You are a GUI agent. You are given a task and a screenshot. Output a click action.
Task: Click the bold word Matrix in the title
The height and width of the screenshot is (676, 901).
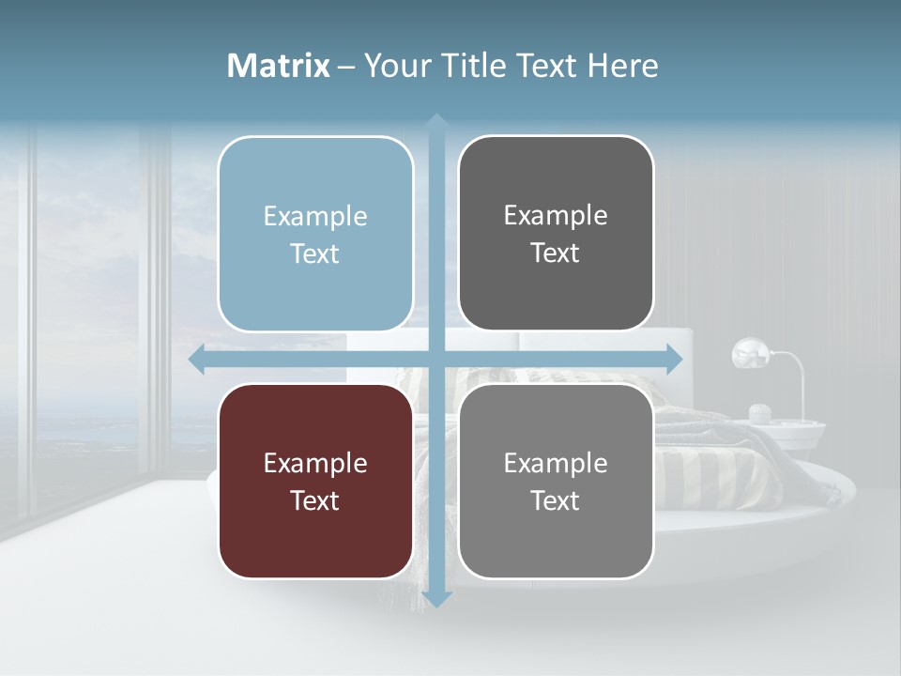pyautogui.click(x=279, y=66)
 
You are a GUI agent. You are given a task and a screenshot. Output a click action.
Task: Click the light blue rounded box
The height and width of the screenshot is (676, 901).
pyautogui.click(x=315, y=234)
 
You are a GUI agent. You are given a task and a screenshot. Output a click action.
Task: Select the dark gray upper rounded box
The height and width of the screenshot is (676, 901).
pyautogui.click(x=556, y=233)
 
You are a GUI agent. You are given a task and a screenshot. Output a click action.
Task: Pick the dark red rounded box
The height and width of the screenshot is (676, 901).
pyautogui.click(x=315, y=481)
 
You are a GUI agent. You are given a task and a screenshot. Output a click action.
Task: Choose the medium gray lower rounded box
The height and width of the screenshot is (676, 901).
pyautogui.click(x=556, y=481)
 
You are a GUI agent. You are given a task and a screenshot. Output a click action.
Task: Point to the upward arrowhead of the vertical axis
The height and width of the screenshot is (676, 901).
pyautogui.click(x=436, y=123)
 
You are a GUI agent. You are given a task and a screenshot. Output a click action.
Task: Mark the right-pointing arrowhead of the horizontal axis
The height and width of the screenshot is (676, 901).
pyautogui.click(x=674, y=358)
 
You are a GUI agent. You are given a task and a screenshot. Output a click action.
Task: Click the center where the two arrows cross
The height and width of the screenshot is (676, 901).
pyautogui.click(x=436, y=358)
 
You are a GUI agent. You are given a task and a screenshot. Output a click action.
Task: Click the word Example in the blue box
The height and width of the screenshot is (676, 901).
pyautogui.click(x=315, y=216)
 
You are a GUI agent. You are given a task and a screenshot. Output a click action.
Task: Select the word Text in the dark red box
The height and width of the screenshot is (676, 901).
pyautogui.click(x=315, y=500)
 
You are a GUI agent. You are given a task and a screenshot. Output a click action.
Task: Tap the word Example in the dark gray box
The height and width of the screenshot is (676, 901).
pyautogui.click(x=556, y=215)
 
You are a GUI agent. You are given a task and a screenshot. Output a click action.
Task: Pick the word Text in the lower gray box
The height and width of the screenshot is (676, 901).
pyautogui.click(x=556, y=500)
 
